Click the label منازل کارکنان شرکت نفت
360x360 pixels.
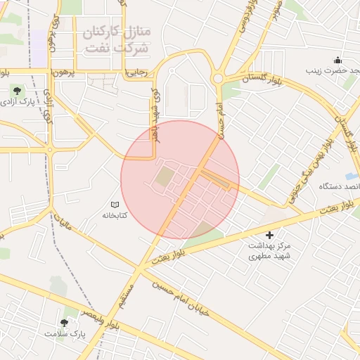(x=115, y=41)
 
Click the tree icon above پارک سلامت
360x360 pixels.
(x=65, y=323)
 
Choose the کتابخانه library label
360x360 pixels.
(x=115, y=215)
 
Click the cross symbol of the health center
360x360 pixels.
(x=269, y=235)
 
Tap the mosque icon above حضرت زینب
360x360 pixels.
(x=338, y=60)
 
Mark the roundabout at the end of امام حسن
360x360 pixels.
(x=219, y=77)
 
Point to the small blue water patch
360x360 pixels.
(x=352, y=175)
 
